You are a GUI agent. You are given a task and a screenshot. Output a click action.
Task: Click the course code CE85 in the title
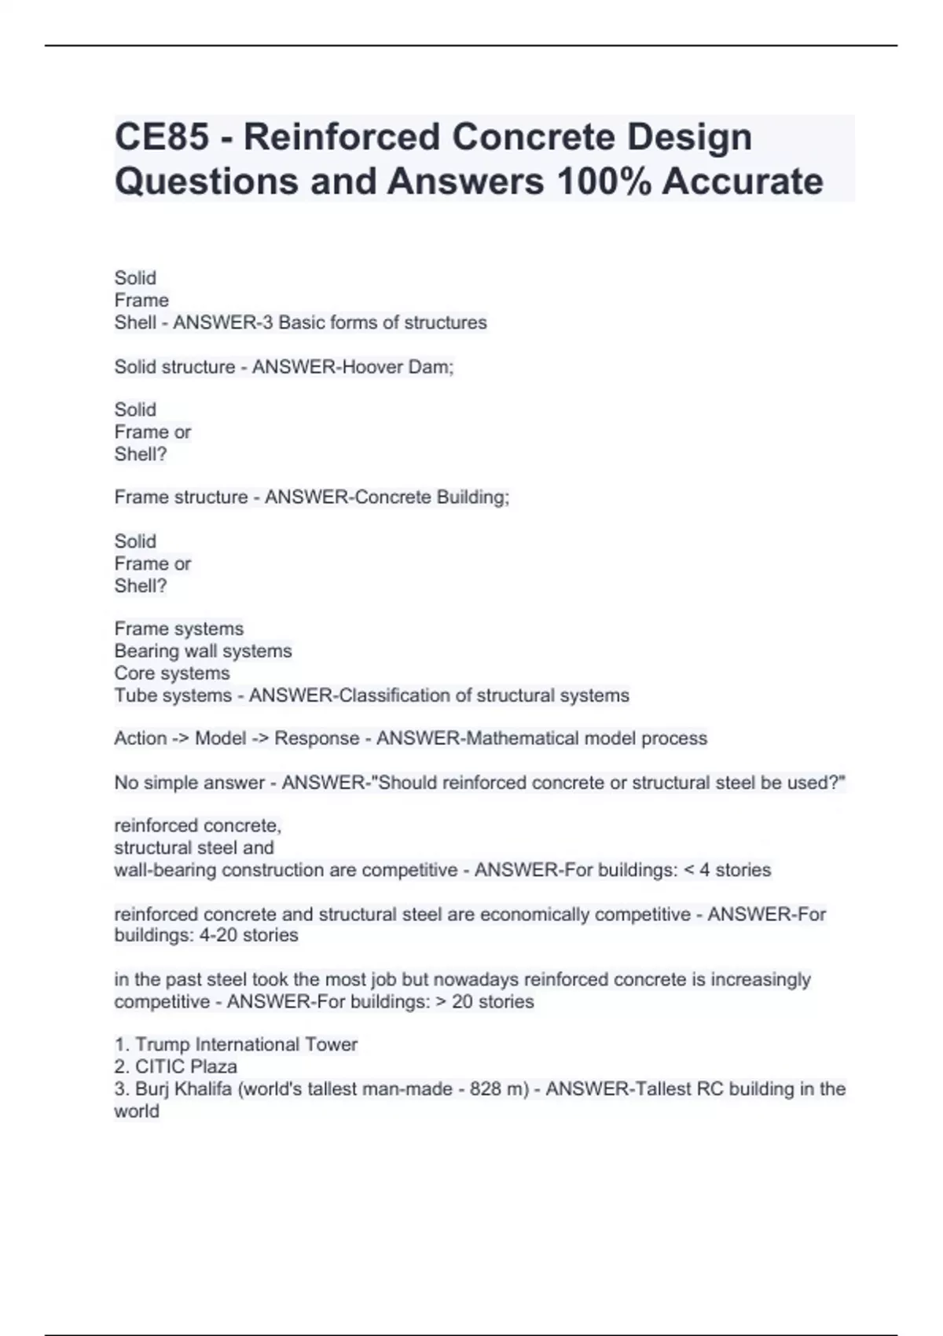[x=162, y=137]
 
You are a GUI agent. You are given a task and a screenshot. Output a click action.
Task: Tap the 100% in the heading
[x=604, y=182]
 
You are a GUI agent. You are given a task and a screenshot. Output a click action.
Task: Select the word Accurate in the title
[x=743, y=182]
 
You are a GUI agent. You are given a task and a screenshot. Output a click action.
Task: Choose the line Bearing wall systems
[x=203, y=651]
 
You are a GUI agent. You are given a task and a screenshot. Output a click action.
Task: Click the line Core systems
[x=172, y=674]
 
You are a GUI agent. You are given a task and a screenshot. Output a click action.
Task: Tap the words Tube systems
[x=173, y=696]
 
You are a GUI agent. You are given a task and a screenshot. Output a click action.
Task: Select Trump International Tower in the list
[x=246, y=1044]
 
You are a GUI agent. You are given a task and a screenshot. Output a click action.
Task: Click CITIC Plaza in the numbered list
[x=185, y=1066]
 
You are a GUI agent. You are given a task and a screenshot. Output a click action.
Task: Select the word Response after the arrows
[x=317, y=739]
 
